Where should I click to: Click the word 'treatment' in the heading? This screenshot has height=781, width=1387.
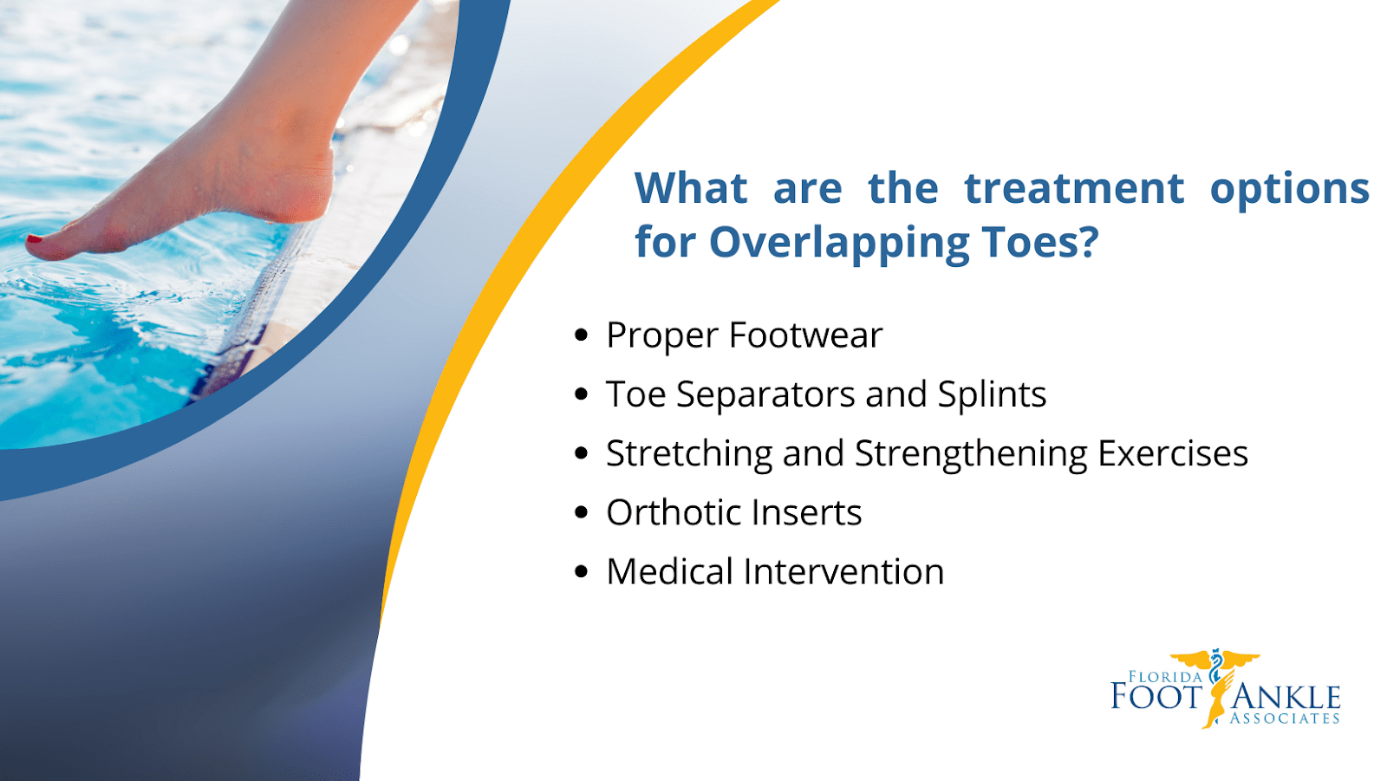click(x=1073, y=189)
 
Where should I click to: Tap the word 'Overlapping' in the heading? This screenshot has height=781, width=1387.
click(x=838, y=243)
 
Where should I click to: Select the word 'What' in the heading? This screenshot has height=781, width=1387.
click(x=691, y=189)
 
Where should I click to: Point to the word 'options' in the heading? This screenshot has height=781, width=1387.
click(x=1289, y=189)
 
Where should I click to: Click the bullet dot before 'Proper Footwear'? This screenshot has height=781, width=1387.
click(x=582, y=335)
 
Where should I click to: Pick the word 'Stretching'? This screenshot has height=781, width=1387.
click(x=688, y=454)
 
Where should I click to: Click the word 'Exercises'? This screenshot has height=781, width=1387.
click(x=1172, y=454)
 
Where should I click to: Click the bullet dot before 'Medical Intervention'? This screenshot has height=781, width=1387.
click(x=582, y=572)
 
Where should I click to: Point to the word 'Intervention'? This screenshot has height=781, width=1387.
click(x=843, y=572)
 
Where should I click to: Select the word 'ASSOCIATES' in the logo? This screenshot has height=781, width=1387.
click(x=1285, y=719)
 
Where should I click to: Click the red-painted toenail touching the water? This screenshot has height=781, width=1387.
click(x=34, y=239)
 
